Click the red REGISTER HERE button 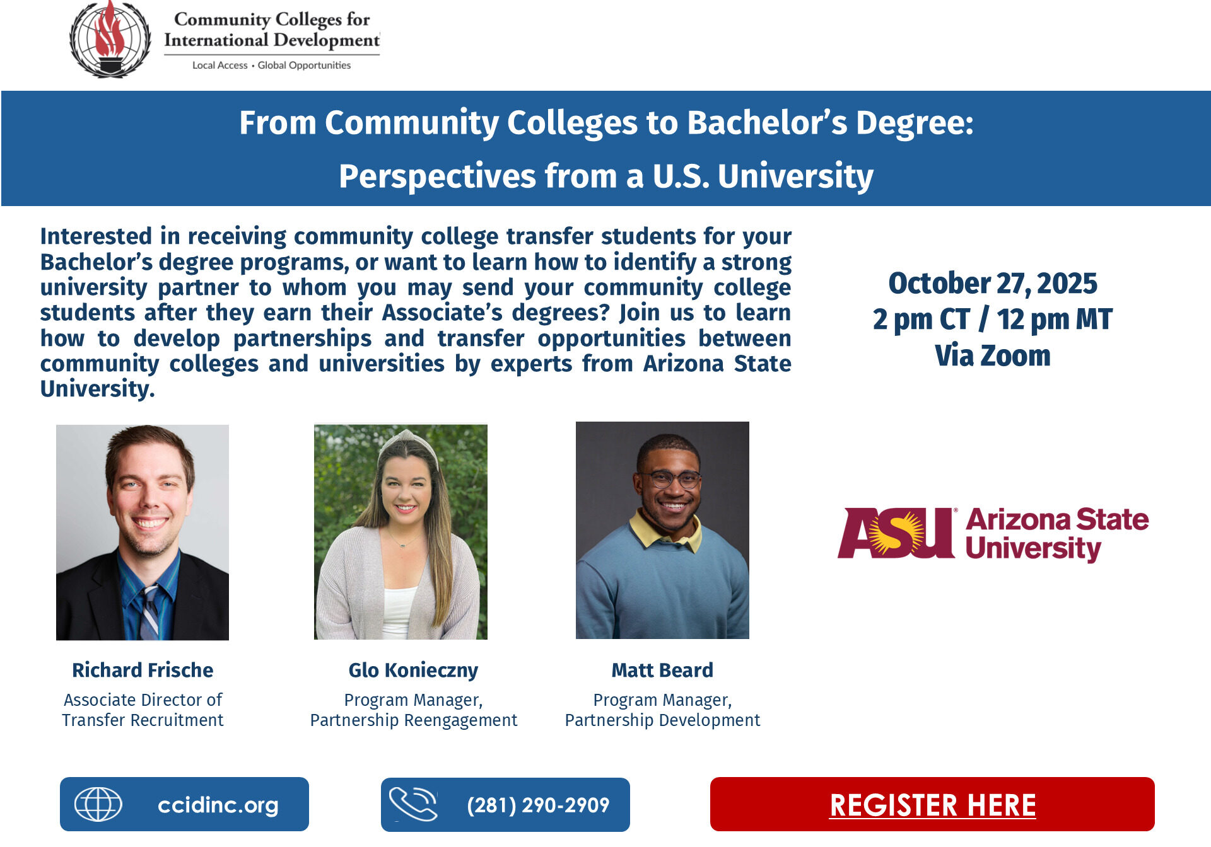[x=932, y=805]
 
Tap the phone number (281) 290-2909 [x=538, y=805]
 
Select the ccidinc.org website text [x=218, y=805]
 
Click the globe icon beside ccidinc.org [x=98, y=804]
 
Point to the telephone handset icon [x=412, y=804]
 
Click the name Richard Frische [x=143, y=670]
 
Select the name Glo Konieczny [x=413, y=670]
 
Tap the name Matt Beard [x=662, y=670]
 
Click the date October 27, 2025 [x=993, y=284]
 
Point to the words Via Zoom [x=993, y=356]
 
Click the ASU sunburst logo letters [x=896, y=533]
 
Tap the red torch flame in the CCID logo [x=110, y=32]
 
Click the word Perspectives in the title [x=436, y=176]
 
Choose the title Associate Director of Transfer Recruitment [x=143, y=710]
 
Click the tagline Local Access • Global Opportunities [x=271, y=66]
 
